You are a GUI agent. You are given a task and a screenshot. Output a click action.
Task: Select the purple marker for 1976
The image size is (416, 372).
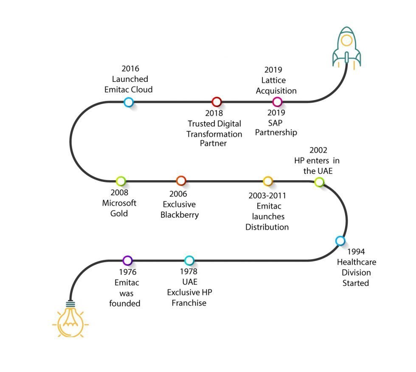pyautogui.click(x=127, y=260)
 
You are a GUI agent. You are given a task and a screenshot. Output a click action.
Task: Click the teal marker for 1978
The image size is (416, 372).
pyautogui.click(x=189, y=260)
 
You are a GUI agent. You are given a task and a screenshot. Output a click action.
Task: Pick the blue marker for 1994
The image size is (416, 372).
pyautogui.click(x=340, y=241)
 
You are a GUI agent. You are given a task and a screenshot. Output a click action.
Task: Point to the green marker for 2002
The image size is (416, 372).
pyautogui.click(x=319, y=182)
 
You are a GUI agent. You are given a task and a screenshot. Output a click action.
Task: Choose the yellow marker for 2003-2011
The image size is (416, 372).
pyautogui.click(x=267, y=181)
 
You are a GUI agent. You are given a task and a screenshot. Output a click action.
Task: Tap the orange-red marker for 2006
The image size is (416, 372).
pyautogui.click(x=181, y=181)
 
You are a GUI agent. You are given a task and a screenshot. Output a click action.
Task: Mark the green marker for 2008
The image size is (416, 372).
pyautogui.click(x=121, y=181)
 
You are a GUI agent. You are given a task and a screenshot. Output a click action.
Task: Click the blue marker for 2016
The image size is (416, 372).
pyautogui.click(x=129, y=102)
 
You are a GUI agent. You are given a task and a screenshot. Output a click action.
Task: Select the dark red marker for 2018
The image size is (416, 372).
pyautogui.click(x=216, y=102)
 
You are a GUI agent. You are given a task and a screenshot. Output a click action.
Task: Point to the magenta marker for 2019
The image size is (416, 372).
pyautogui.click(x=277, y=102)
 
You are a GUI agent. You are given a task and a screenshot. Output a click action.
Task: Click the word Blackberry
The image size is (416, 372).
pyautogui.click(x=180, y=215)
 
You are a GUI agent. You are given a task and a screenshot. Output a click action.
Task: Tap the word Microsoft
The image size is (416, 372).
pyautogui.click(x=119, y=203)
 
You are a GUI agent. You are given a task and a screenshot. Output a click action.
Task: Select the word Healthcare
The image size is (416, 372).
pyautogui.click(x=357, y=262)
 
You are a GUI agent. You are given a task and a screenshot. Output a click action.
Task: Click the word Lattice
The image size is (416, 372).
pyautogui.click(x=274, y=80)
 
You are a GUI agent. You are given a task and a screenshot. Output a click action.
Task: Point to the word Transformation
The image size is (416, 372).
pyautogui.click(x=215, y=134)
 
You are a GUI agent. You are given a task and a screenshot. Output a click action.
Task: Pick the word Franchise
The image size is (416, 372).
pyautogui.click(x=189, y=303)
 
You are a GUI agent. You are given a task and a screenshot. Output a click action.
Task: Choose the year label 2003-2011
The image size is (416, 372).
pyautogui.click(x=267, y=196)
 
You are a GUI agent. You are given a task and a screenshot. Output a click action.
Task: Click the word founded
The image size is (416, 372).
pyautogui.click(x=125, y=303)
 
